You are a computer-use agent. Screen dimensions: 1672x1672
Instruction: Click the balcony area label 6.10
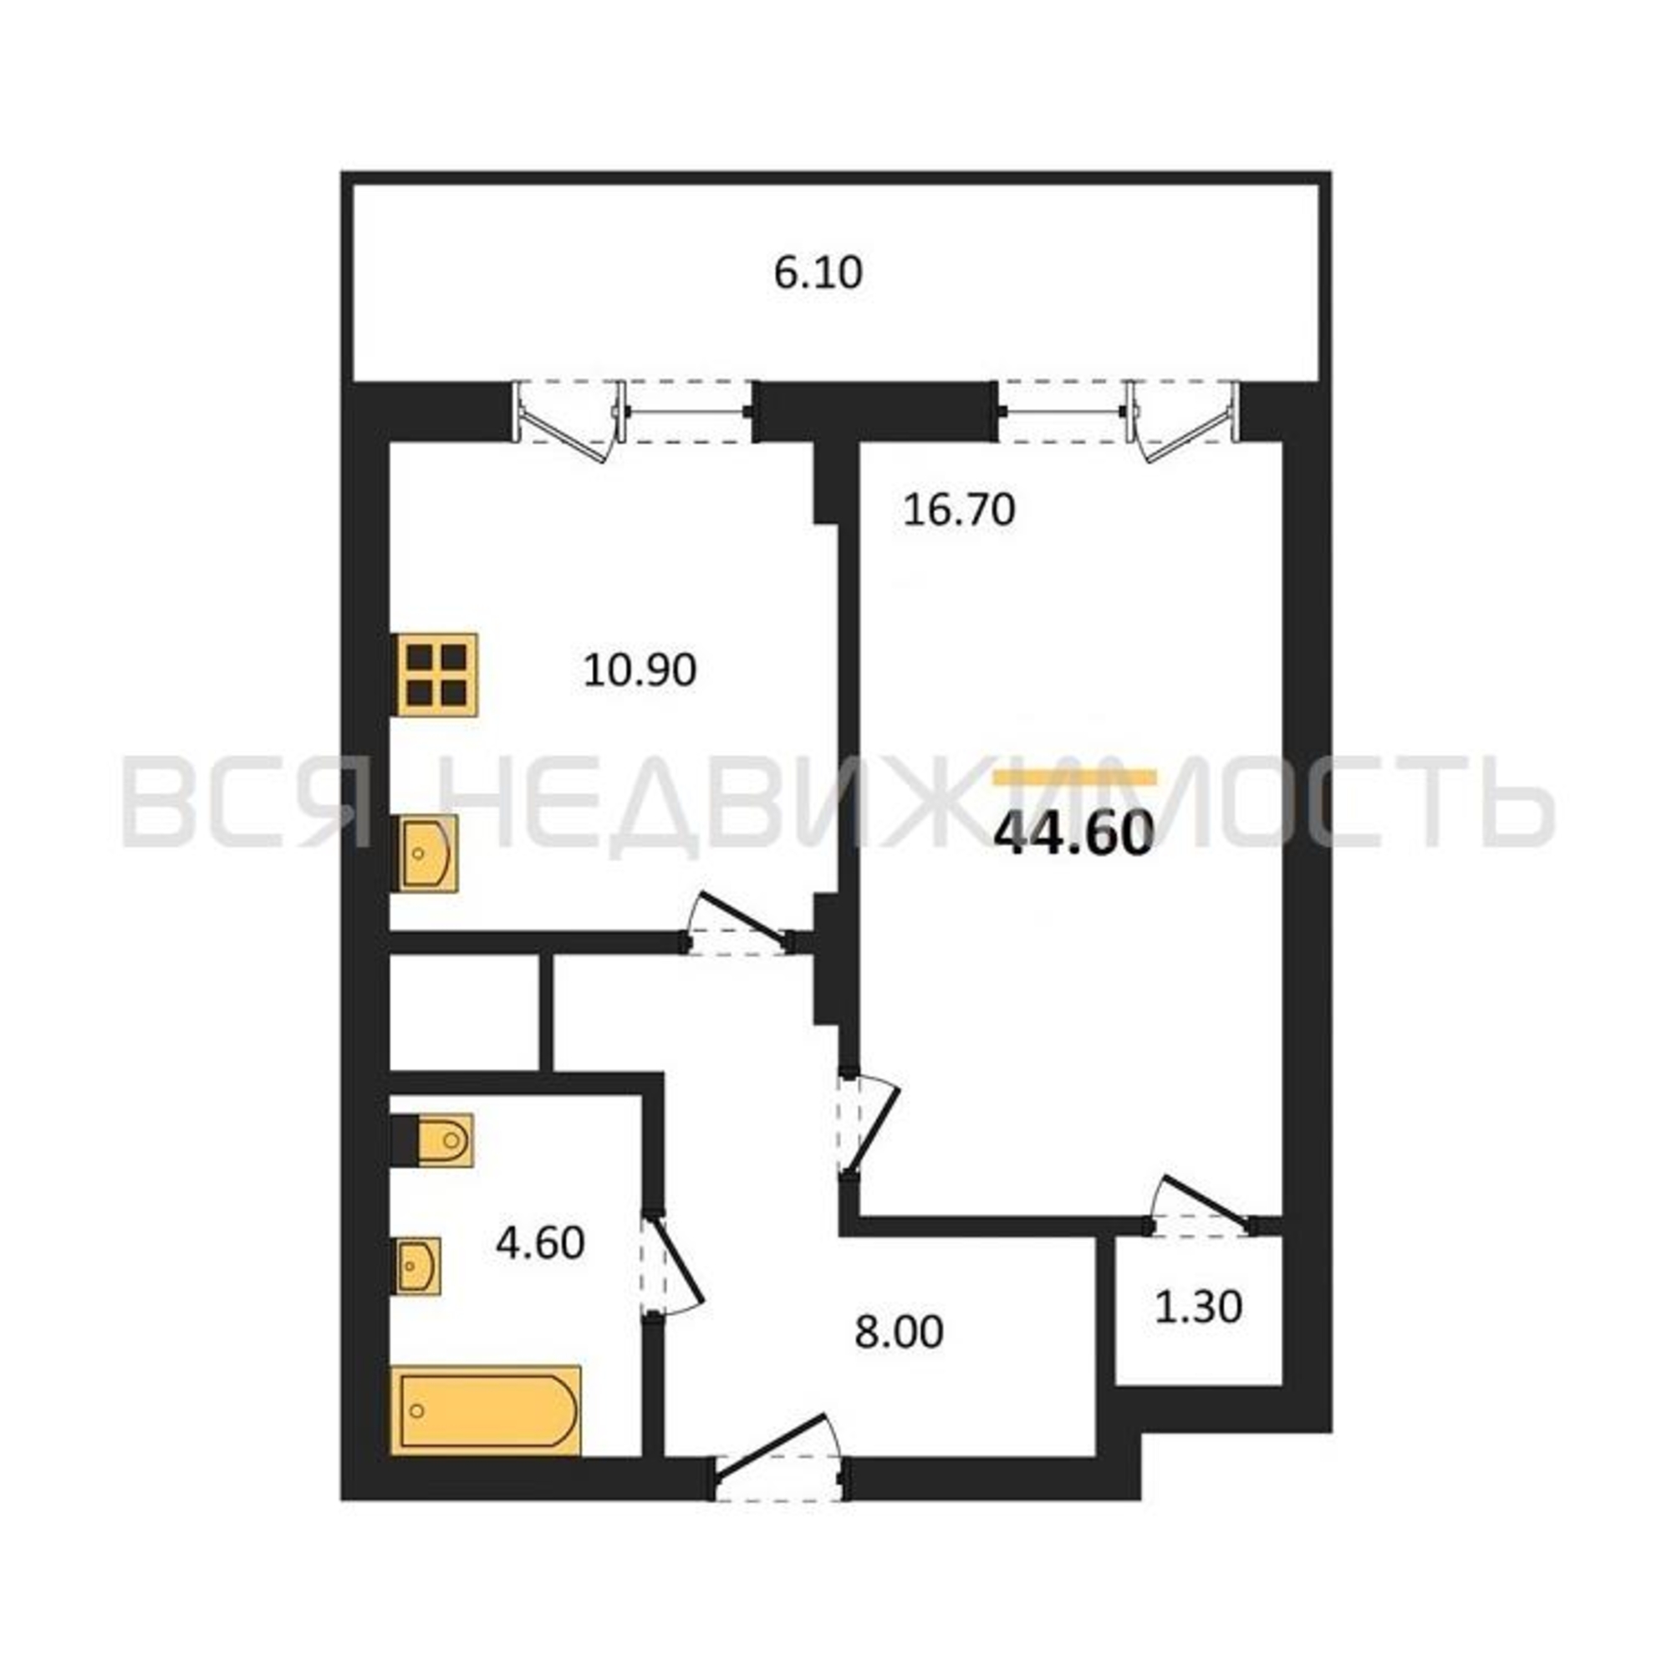point(818,273)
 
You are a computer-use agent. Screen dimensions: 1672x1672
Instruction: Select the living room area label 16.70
point(959,510)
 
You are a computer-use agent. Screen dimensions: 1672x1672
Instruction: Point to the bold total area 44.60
point(1074,835)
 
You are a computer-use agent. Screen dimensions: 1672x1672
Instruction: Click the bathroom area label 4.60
point(540,1244)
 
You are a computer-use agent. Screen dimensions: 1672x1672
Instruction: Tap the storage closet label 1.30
point(1199,1307)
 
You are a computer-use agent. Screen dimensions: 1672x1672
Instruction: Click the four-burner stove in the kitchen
point(437,674)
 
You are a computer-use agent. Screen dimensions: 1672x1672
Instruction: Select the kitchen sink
point(428,854)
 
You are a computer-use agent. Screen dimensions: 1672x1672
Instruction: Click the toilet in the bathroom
point(432,1140)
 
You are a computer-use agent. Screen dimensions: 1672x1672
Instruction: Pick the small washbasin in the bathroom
point(419,1266)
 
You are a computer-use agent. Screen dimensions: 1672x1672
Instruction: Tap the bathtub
point(487,1410)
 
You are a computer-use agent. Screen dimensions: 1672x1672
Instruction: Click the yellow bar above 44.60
point(1075,777)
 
